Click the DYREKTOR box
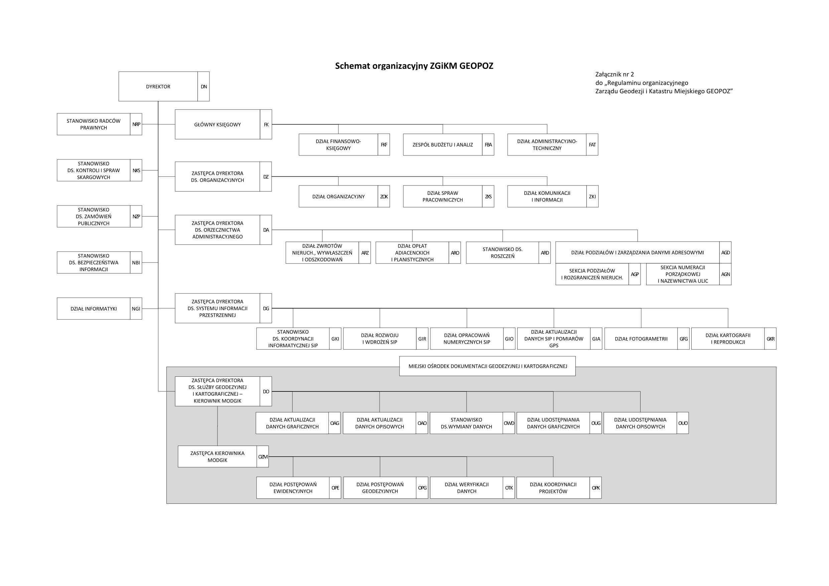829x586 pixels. click(158, 87)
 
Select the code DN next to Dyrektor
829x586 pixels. click(203, 87)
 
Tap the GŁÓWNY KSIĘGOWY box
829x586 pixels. click(218, 125)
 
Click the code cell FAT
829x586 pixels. click(592, 145)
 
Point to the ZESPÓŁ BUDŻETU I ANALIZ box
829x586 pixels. click(443, 145)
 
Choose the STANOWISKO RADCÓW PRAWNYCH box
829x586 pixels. click(94, 124)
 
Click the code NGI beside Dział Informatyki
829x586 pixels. click(136, 309)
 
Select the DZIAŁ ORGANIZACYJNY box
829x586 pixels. click(338, 197)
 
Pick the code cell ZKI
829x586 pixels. click(592, 197)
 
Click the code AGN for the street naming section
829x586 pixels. click(725, 274)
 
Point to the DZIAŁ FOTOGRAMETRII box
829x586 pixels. click(641, 339)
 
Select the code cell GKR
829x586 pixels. click(771, 339)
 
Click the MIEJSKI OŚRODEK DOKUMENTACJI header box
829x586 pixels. click(488, 366)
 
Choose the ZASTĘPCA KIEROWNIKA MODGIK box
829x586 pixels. click(218, 457)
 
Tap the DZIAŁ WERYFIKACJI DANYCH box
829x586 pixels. click(466, 488)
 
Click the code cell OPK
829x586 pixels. click(596, 488)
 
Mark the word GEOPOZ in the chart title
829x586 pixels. click(476, 66)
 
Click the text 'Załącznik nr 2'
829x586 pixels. click(614, 75)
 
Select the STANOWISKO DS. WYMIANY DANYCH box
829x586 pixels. click(466, 424)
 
